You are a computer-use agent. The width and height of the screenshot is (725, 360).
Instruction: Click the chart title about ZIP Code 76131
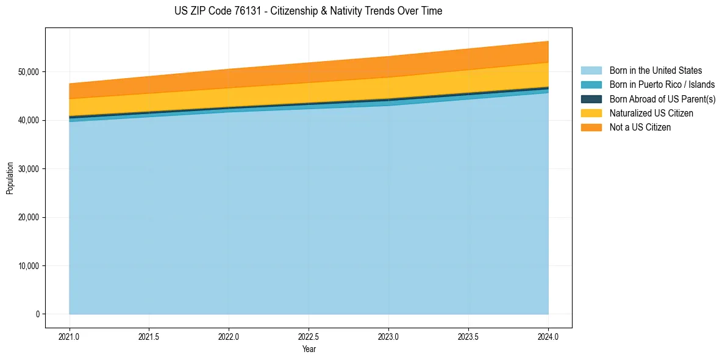pyautogui.click(x=308, y=11)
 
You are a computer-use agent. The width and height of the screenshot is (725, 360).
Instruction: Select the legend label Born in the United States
pyautogui.click(x=655, y=71)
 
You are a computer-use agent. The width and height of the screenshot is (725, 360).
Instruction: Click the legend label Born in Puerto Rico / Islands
pyautogui.click(x=662, y=85)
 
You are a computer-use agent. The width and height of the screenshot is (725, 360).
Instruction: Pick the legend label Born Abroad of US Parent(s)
pyautogui.click(x=662, y=99)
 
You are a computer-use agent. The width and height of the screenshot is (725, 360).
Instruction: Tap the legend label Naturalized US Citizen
pyautogui.click(x=651, y=113)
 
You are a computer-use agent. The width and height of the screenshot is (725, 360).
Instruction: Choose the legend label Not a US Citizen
pyautogui.click(x=640, y=128)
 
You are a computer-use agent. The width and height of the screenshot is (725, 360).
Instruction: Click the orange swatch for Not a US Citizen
pyautogui.click(x=591, y=128)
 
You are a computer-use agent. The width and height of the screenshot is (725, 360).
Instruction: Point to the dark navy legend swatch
pyautogui.click(x=591, y=99)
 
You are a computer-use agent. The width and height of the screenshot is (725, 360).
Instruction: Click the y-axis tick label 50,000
pyautogui.click(x=29, y=72)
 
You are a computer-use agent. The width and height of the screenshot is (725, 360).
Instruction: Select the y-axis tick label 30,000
pyautogui.click(x=29, y=169)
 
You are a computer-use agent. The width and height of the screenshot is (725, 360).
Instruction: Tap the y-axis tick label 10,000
pyautogui.click(x=29, y=266)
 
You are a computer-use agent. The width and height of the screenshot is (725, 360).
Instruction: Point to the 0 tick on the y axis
pyautogui.click(x=37, y=314)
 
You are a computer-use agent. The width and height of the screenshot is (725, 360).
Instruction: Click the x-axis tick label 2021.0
pyautogui.click(x=70, y=336)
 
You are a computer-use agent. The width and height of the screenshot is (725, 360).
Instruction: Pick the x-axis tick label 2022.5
pyautogui.click(x=309, y=336)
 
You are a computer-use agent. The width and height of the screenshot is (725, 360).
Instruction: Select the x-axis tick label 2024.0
pyautogui.click(x=548, y=336)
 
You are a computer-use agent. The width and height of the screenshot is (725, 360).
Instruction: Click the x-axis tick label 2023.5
pyautogui.click(x=468, y=336)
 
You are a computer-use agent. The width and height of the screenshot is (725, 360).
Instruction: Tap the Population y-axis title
pyautogui.click(x=10, y=178)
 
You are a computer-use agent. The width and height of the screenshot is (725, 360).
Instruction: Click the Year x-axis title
pyautogui.click(x=309, y=349)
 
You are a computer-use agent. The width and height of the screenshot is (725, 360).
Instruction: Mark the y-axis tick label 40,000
pyautogui.click(x=29, y=120)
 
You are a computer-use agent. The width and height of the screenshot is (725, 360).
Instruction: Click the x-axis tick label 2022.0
pyautogui.click(x=229, y=336)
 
